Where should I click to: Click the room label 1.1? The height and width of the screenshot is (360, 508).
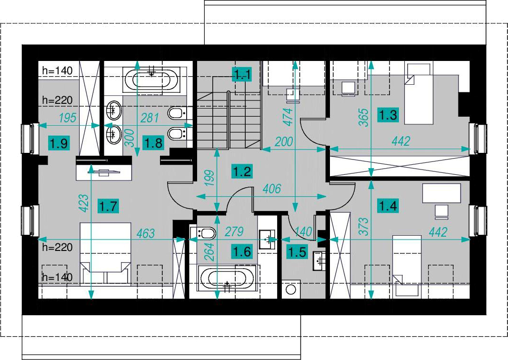coord(242,75)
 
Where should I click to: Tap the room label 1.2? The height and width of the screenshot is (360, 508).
coord(242,171)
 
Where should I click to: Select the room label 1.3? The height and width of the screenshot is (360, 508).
coord(388,115)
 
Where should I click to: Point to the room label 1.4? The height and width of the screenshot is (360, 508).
coord(388,205)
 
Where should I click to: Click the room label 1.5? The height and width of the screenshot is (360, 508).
coord(297,252)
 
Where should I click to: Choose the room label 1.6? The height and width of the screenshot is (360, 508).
coord(242,251)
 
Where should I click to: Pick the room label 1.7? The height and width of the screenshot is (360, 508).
coord(108,206)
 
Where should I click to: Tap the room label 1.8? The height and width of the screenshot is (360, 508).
coord(153,142)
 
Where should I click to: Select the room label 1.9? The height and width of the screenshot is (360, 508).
coord(59,142)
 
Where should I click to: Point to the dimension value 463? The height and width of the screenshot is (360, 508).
coord(146,233)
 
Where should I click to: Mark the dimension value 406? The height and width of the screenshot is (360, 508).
coord(271,189)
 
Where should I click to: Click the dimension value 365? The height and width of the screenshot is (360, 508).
coord(364,117)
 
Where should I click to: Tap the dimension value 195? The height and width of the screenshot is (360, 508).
coord(68,118)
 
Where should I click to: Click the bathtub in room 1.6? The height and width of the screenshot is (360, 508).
coord(227,278)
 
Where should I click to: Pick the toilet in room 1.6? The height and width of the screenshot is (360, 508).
coord(203,233)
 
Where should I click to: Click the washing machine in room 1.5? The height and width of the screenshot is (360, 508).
coord(290,289)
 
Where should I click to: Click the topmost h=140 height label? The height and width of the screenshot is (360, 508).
coord(57,70)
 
